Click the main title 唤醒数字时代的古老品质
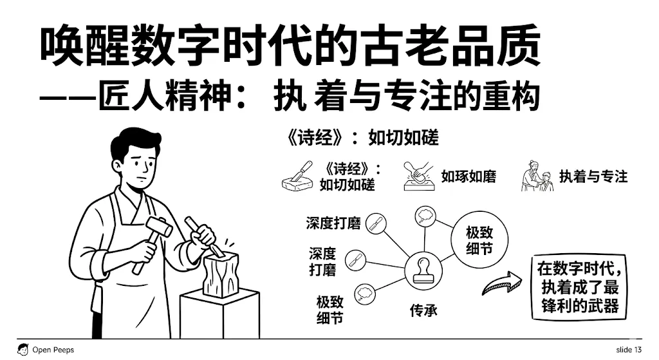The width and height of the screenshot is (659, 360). click(290, 47)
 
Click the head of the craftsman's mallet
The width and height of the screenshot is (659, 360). click(157, 226)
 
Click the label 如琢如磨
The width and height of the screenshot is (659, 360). click(469, 176)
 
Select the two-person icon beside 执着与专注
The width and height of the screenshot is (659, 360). click(537, 176)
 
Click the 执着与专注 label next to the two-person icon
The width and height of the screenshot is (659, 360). click(593, 176)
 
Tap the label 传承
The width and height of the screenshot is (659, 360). click(423, 310)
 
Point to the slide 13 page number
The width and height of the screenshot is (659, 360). click(628, 350)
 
